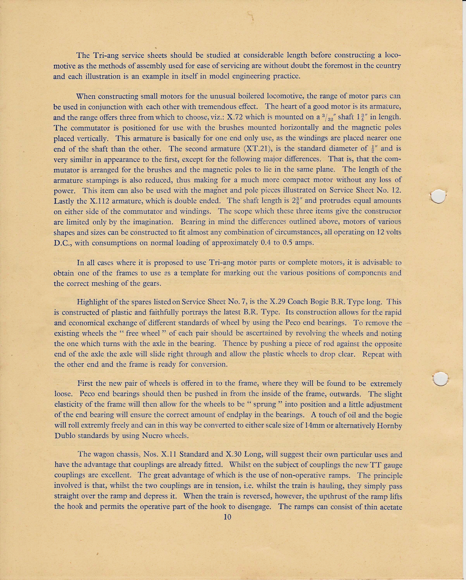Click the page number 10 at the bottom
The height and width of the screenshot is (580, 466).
click(x=227, y=517)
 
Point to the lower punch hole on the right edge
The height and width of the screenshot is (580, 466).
click(x=440, y=379)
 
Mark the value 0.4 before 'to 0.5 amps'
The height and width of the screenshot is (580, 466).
click(x=262, y=243)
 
